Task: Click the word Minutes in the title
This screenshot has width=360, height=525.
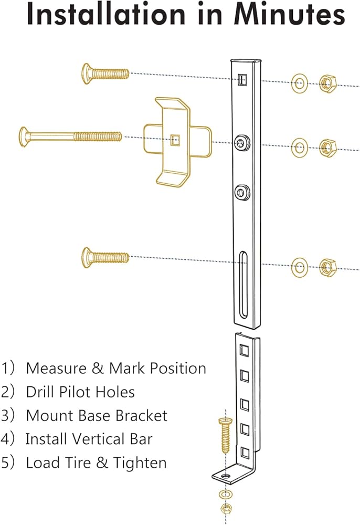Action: point(289,14)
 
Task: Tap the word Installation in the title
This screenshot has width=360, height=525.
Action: point(105,14)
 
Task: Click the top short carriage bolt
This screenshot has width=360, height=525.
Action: point(105,73)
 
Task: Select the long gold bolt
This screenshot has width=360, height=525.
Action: point(71,136)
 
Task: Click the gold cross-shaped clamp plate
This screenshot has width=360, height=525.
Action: point(177,142)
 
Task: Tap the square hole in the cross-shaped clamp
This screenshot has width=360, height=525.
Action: point(175,140)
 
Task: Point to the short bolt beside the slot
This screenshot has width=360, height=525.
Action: point(105,257)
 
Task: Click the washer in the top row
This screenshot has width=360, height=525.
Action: point(300,83)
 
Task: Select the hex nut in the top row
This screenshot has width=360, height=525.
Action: point(327,83)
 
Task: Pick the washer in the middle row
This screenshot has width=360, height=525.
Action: point(300,147)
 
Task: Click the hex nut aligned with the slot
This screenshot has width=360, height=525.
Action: point(327,267)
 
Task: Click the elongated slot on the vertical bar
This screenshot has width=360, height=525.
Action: point(243,285)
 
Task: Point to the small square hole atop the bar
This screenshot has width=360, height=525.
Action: point(242,79)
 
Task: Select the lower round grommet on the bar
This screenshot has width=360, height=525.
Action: point(242,192)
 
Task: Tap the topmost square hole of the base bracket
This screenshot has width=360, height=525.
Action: point(244,350)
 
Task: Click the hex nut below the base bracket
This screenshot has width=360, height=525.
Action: point(227,509)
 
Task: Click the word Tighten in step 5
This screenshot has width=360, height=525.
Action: point(140,463)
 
